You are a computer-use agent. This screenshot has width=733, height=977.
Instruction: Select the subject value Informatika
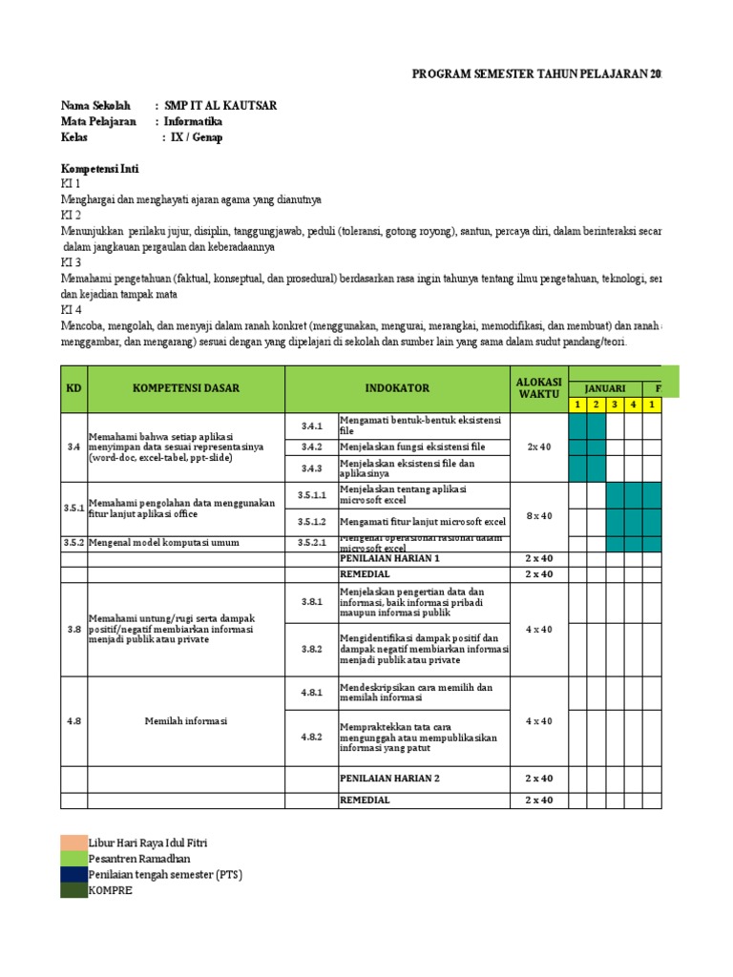tap(194, 122)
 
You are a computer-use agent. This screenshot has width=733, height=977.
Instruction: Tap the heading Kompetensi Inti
tap(100, 169)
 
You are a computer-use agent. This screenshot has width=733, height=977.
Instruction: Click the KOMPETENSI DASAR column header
tap(186, 388)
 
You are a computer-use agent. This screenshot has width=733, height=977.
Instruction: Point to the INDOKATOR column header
tap(397, 388)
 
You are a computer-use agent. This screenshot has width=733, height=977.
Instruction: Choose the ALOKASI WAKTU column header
tap(539, 388)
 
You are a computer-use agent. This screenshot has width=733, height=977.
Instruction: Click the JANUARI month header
tap(605, 388)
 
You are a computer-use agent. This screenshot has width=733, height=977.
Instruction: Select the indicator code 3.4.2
tap(312, 447)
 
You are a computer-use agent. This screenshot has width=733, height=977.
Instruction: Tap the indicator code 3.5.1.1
tap(312, 495)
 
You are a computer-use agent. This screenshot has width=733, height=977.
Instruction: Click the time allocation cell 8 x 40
tap(539, 516)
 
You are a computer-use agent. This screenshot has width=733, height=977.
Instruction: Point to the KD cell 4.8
tap(73, 721)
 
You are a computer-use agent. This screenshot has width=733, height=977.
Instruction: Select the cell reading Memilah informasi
tap(186, 721)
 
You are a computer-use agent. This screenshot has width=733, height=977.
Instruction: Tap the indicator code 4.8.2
tap(312, 737)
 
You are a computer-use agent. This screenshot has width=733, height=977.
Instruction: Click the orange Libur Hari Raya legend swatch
tap(73, 843)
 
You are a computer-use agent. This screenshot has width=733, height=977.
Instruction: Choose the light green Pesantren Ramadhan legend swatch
tap(73, 859)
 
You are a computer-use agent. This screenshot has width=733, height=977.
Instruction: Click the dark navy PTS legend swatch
tap(73, 874)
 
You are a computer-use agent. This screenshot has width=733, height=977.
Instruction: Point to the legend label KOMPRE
tap(111, 890)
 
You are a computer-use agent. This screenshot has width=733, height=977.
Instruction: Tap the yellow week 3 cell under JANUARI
tap(615, 405)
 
